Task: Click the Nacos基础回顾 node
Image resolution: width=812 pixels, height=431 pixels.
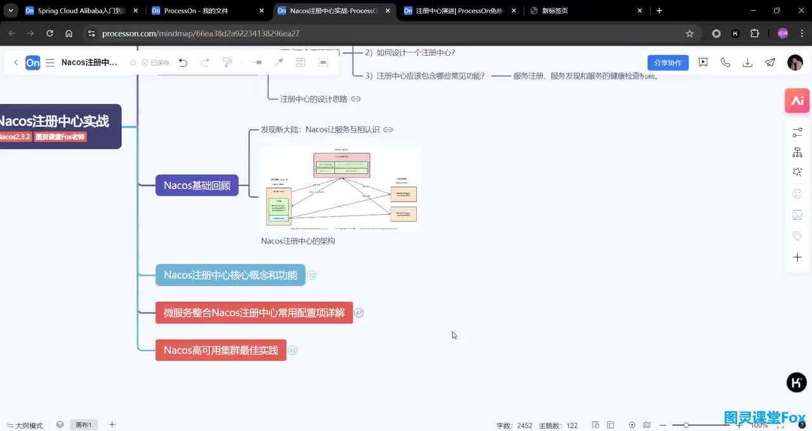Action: pyautogui.click(x=197, y=185)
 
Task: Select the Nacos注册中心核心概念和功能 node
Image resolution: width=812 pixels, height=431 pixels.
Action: pyautogui.click(x=230, y=275)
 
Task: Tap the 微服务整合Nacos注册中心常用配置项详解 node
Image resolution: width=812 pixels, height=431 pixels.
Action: pyautogui.click(x=254, y=312)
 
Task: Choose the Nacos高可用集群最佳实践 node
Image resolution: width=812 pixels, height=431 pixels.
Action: pyautogui.click(x=221, y=350)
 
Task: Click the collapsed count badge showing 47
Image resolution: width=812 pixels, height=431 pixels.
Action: pyautogui.click(x=359, y=312)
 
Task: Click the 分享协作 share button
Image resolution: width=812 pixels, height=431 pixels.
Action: pyautogui.click(x=667, y=62)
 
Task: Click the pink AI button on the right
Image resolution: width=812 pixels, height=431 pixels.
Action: pyautogui.click(x=797, y=101)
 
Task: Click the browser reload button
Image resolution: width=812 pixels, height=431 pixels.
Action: pyautogui.click(x=49, y=34)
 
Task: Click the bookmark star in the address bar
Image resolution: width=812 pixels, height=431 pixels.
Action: pyautogui.click(x=690, y=34)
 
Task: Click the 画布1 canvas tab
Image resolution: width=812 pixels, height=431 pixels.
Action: pyautogui.click(x=84, y=425)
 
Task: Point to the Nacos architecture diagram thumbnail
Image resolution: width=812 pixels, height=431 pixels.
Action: pyautogui.click(x=341, y=189)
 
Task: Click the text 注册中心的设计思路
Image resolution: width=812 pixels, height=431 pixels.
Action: pyautogui.click(x=313, y=99)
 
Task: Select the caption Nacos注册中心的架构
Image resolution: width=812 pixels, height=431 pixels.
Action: pyautogui.click(x=298, y=241)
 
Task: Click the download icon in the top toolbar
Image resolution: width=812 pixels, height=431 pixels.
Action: pyautogui.click(x=747, y=62)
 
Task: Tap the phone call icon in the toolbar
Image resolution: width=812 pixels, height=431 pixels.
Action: pyautogui.click(x=725, y=62)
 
